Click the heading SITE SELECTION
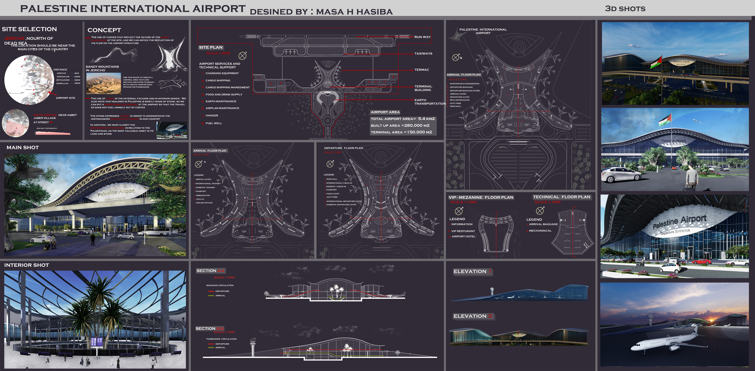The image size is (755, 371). pyautogui.click(x=29, y=29)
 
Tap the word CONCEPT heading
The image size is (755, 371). pyautogui.click(x=104, y=30)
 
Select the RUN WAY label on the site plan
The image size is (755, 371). pyautogui.click(x=422, y=37)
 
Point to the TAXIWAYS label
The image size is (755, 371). pyautogui.click(x=423, y=53)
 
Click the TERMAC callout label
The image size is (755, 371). pyautogui.click(x=421, y=70)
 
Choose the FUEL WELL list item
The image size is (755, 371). pyautogui.click(x=214, y=123)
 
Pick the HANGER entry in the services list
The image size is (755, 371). pyautogui.click(x=212, y=116)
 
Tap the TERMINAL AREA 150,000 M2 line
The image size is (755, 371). pyautogui.click(x=401, y=132)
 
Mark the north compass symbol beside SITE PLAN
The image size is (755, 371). pyautogui.click(x=242, y=55)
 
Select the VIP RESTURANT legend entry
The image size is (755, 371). pyautogui.click(x=463, y=231)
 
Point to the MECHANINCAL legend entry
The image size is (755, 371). pyautogui.click(x=540, y=231)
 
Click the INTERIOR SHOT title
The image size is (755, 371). pyautogui.click(x=27, y=265)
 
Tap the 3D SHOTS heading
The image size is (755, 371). pyautogui.click(x=625, y=9)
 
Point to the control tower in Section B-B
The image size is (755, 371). pyautogui.click(x=253, y=346)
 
